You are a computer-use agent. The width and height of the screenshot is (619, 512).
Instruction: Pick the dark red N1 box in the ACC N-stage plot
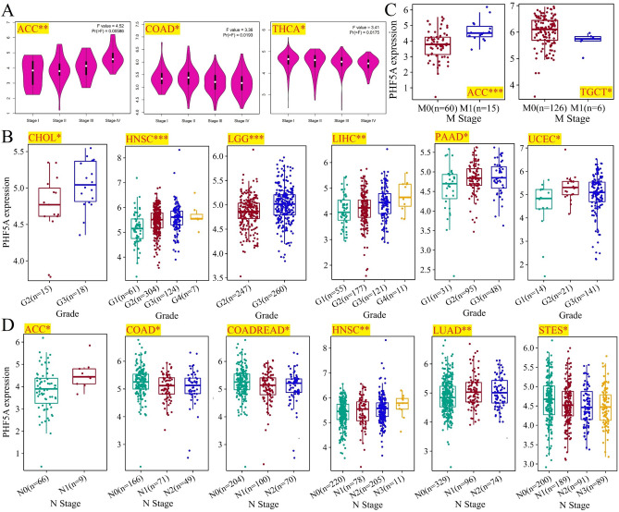(x=84, y=376)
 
